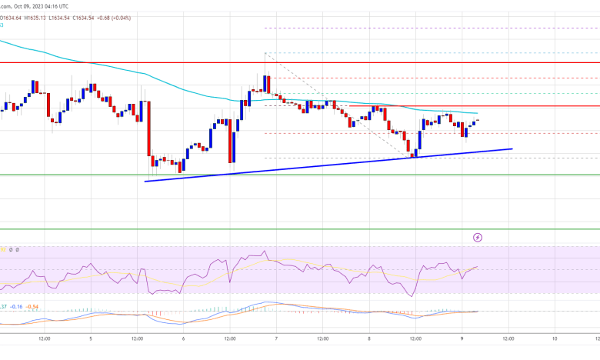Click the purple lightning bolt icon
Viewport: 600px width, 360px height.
coord(478,238)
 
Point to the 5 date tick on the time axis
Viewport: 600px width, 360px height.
coord(91,338)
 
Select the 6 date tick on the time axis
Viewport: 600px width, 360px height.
coord(183,338)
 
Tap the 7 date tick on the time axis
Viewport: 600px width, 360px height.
coord(276,338)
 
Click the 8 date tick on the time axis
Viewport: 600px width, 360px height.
coord(368,338)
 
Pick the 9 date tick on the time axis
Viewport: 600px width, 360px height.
coord(462,338)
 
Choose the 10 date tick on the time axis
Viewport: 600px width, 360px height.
coord(554,338)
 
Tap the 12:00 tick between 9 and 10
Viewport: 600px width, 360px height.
coord(508,338)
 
